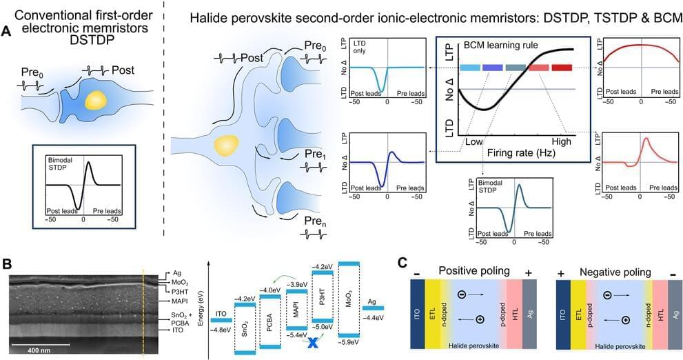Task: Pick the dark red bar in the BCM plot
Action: tap(562, 68)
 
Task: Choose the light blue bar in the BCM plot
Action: tap(469, 68)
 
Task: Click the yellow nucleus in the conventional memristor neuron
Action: tap(96, 101)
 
